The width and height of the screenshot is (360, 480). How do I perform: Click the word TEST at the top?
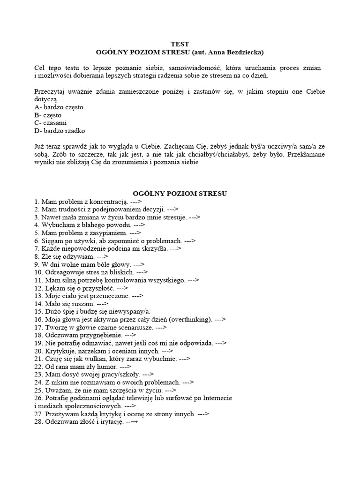coord(180,44)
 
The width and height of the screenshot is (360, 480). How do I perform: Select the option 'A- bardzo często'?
coord(59,107)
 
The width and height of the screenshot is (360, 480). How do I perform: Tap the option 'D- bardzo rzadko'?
coord(60,131)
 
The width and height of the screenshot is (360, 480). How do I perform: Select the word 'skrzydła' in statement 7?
coord(153,248)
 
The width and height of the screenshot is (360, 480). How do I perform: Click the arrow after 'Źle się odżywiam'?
coord(103,256)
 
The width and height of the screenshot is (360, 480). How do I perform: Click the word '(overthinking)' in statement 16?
coord(191,319)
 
